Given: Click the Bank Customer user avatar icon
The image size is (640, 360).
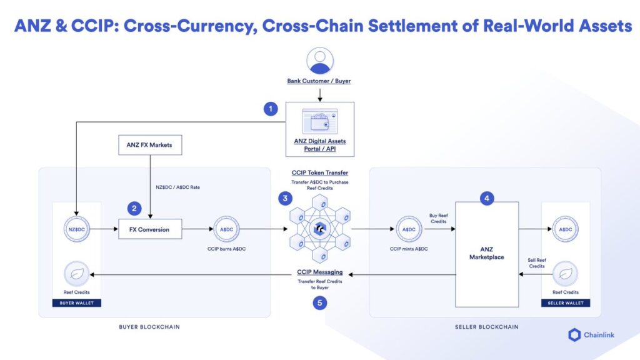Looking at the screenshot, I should pos(319,61).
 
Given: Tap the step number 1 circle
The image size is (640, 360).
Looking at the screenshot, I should pos(270,109).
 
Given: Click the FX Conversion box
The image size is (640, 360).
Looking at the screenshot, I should pos(150,229).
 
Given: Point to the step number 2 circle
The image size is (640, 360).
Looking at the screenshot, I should pos(133,207).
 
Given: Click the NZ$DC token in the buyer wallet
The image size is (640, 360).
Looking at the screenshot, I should pos(77,229).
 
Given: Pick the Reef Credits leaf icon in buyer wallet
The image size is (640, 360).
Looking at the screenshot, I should pos(77,274).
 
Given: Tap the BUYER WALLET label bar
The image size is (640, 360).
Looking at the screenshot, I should pos(77,303).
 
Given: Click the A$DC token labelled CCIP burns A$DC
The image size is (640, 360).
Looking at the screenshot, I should pos(226,229).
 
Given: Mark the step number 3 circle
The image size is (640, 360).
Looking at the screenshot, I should pos(285,199).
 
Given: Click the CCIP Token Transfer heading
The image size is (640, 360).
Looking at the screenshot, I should pos(320,172).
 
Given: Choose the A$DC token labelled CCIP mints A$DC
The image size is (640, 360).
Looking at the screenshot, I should pos(409,229).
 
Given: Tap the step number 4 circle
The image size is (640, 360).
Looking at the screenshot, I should pos(487,199).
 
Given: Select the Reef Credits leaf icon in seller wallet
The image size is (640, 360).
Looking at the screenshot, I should pos(566,274).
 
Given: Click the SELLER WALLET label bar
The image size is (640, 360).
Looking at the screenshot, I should pos(566,303).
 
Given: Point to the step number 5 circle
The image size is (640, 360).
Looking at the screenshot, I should pos(319,304).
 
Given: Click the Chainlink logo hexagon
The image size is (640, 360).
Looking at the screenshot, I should pos(574,335).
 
